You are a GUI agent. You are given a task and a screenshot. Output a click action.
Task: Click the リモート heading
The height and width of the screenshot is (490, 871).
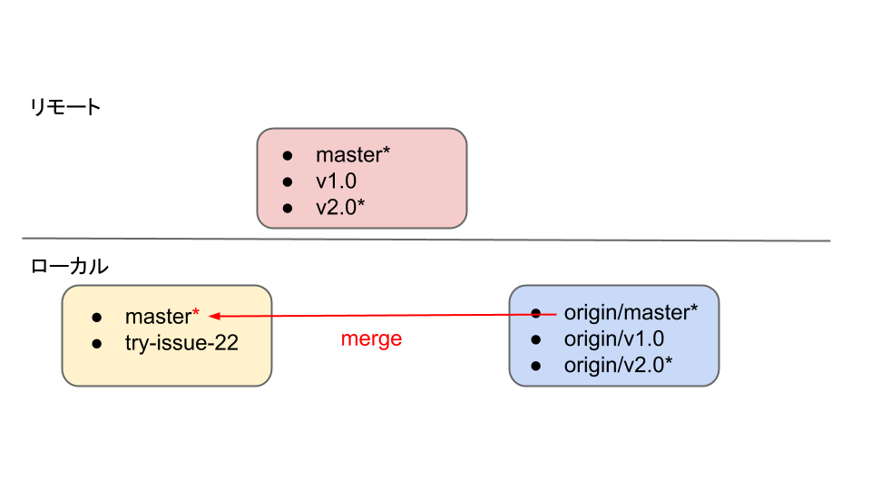65,108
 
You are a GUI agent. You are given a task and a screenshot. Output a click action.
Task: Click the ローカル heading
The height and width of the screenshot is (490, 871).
70,267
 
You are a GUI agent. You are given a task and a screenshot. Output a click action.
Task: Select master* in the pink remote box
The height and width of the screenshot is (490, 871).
353,155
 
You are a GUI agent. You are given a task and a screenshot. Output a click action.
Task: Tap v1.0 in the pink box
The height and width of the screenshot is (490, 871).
336,181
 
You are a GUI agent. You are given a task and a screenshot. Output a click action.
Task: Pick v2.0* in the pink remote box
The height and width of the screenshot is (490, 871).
340,208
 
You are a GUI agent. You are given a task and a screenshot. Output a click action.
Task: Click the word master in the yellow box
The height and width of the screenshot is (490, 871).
157,317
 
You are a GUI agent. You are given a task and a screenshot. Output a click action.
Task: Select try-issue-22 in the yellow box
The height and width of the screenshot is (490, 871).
181,343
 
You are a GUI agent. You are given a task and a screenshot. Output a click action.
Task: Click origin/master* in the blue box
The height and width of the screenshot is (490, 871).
631,313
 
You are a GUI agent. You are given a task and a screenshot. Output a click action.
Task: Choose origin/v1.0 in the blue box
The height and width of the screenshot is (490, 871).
614,339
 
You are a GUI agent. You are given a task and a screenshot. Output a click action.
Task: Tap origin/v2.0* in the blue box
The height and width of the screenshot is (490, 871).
619,366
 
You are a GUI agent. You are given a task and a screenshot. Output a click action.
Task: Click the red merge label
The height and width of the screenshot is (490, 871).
371,339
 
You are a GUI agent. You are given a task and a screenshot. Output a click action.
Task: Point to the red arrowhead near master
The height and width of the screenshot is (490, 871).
214,316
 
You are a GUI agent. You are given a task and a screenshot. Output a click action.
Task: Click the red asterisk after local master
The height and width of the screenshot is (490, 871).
195,315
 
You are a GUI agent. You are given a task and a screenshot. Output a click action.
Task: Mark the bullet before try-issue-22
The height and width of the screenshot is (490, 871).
97,344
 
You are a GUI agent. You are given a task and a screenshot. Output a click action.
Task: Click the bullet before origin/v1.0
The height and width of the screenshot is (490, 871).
535,340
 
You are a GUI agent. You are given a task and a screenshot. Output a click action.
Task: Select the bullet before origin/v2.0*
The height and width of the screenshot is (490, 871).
535,367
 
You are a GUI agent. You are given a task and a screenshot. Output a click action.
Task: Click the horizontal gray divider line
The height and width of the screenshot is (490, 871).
426,240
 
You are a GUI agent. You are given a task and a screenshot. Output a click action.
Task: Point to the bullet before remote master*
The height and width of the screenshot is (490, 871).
288,156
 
